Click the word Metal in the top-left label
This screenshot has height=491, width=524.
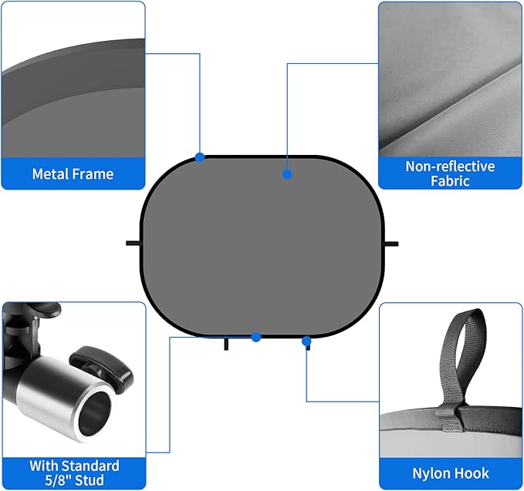[x=50, y=174]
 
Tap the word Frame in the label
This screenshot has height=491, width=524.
[x=93, y=174]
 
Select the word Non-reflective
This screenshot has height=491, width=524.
[x=450, y=166]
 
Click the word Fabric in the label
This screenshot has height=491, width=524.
[x=450, y=181]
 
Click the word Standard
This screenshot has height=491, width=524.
[x=90, y=466]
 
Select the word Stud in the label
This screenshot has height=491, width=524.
[x=90, y=480]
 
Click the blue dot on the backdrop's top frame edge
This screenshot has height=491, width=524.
[x=200, y=157]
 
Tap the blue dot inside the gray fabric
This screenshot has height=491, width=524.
[x=287, y=174]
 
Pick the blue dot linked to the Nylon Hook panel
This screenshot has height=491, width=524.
[x=306, y=341]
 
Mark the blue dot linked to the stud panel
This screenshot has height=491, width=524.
[x=256, y=337]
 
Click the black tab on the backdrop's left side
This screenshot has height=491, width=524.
[x=134, y=244]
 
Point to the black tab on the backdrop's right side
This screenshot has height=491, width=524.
[x=391, y=244]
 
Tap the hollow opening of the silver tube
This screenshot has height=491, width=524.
[x=94, y=411]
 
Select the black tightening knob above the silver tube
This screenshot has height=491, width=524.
[x=102, y=366]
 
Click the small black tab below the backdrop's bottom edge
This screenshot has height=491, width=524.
[x=226, y=344]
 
